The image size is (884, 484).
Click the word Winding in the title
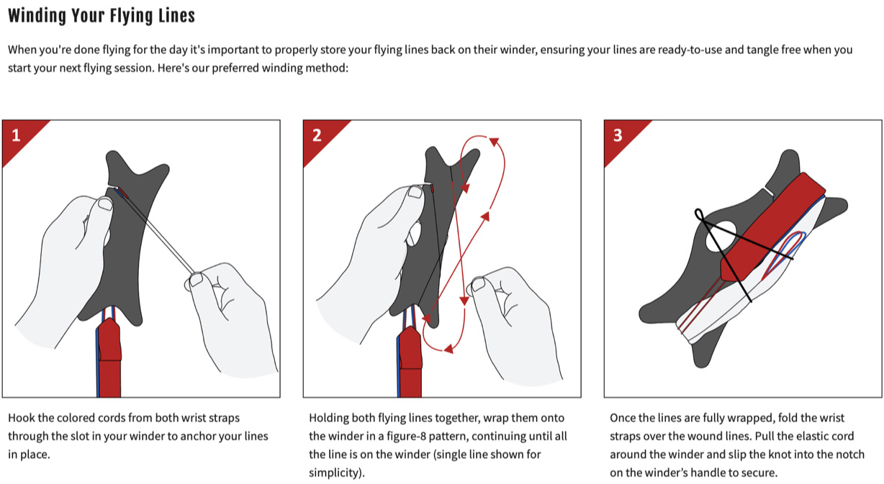coord(37,16)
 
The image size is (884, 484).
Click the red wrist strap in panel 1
coord(109,358)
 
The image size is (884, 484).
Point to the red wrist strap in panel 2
coord(410,362)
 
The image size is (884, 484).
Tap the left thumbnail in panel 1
coord(105,204)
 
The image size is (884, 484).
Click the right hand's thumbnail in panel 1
coord(196,280)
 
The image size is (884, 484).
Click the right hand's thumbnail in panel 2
coord(478,284)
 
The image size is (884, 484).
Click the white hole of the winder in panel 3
coord(721,237)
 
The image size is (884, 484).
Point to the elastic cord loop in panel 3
coord(699,215)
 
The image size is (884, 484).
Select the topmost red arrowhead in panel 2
coord(495,142)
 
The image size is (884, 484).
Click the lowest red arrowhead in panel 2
coord(448,349)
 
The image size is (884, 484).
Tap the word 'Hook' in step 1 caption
coord(22,418)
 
